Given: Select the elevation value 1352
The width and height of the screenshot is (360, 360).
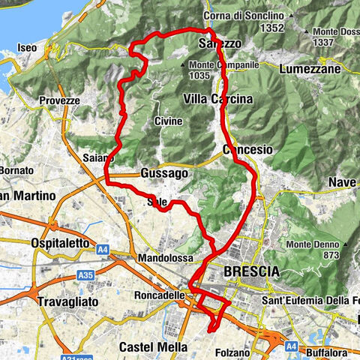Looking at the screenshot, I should (250, 28).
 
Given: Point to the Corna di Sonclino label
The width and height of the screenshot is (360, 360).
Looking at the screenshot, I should (242, 16).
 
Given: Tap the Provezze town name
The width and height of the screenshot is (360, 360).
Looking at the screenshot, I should (60, 100).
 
